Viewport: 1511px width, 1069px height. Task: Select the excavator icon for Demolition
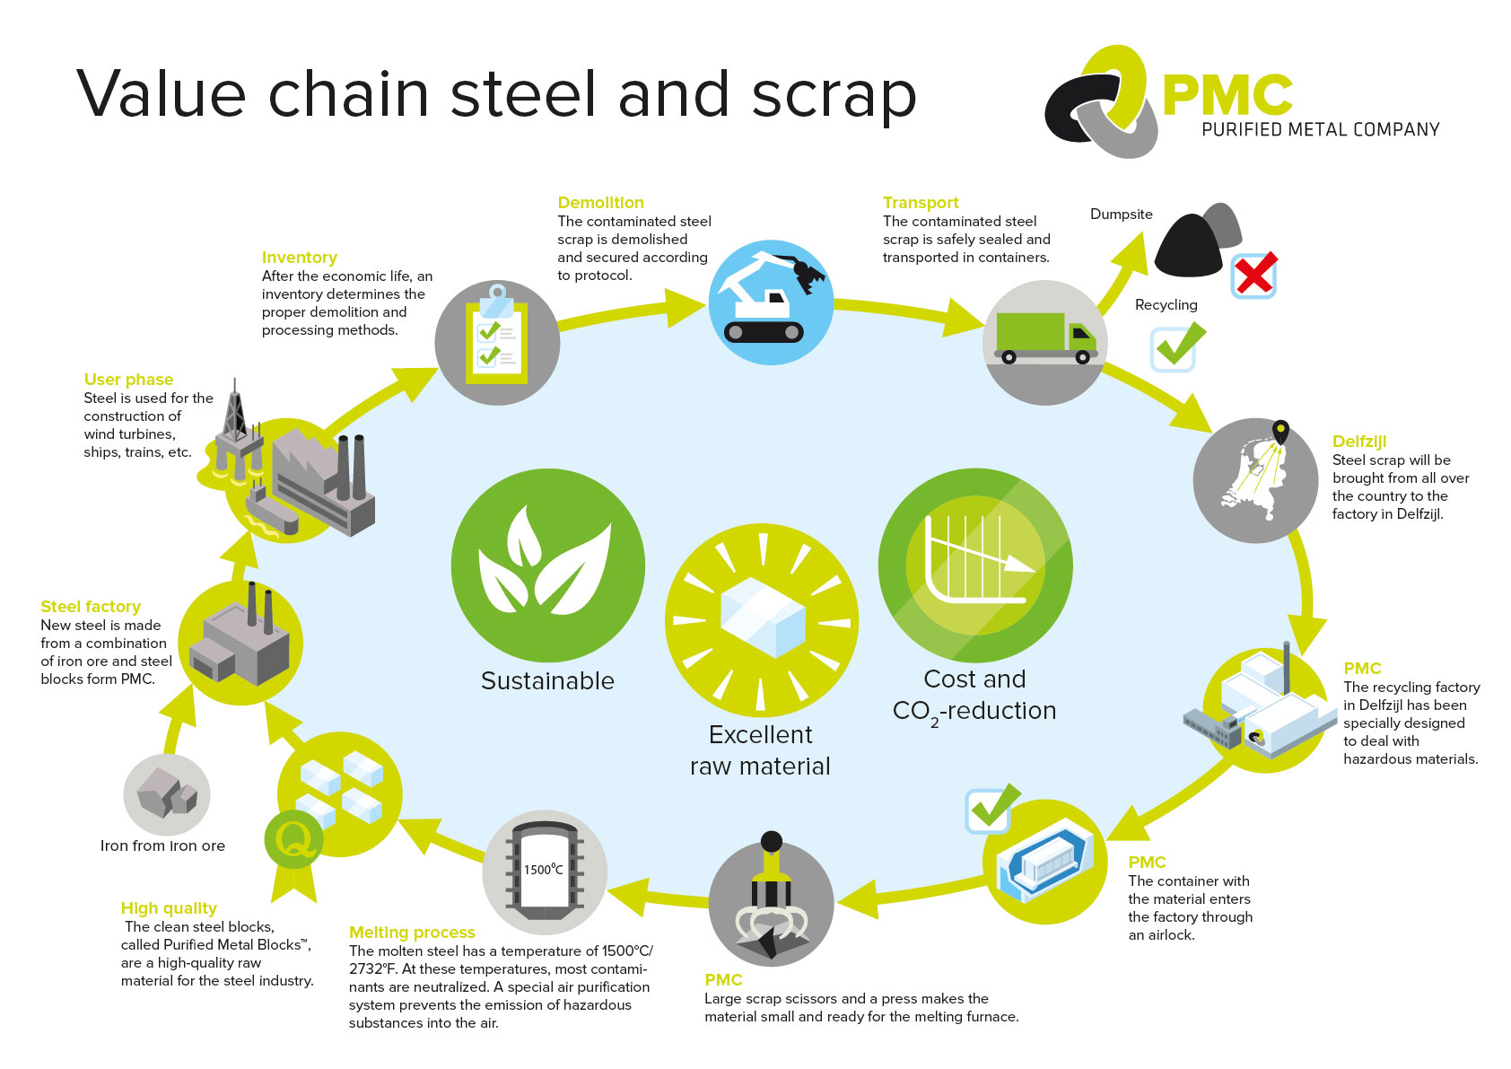(x=771, y=297)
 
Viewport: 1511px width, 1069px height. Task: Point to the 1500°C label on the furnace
(x=543, y=869)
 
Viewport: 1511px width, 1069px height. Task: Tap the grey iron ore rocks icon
(x=167, y=792)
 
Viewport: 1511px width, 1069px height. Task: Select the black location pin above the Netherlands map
(x=1280, y=431)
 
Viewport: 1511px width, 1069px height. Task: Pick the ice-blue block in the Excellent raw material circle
(x=763, y=617)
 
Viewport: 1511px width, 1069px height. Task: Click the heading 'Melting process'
(x=412, y=932)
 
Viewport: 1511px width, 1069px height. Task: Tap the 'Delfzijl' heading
(x=1359, y=442)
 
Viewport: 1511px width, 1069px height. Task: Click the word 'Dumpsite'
(x=1121, y=214)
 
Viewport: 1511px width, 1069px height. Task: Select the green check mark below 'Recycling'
(x=1178, y=346)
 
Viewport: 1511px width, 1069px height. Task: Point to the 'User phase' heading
(x=128, y=379)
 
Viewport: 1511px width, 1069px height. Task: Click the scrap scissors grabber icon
(x=771, y=898)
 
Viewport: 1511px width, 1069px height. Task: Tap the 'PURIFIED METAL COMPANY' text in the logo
(x=1321, y=129)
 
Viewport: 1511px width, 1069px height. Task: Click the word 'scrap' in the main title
(x=834, y=96)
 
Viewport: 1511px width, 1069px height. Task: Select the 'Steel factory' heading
(x=91, y=606)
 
